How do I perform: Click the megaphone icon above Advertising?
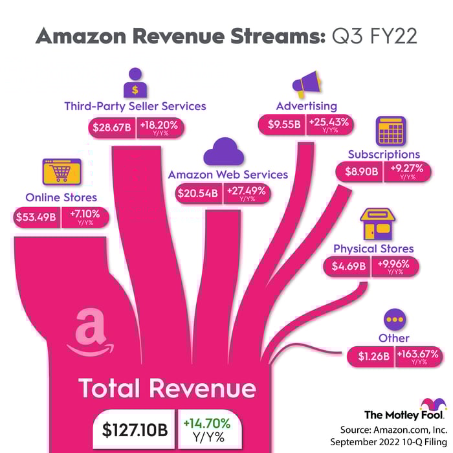306,83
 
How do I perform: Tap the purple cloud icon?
224,151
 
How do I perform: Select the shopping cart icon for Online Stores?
61,171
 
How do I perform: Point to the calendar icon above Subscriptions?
391,131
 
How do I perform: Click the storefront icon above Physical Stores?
377,224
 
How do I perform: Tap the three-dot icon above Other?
395,320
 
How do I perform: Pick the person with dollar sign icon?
135,83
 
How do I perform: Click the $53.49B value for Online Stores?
36,217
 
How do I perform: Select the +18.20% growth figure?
159,125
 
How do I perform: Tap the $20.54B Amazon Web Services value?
198,193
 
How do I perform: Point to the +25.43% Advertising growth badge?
329,124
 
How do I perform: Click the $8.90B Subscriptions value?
361,171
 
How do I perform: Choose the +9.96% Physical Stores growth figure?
393,263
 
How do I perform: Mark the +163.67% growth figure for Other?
418,354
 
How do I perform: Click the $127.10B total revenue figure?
135,429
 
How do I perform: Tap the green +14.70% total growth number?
207,423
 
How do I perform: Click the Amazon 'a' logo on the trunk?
90,332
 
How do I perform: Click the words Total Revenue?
167,388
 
